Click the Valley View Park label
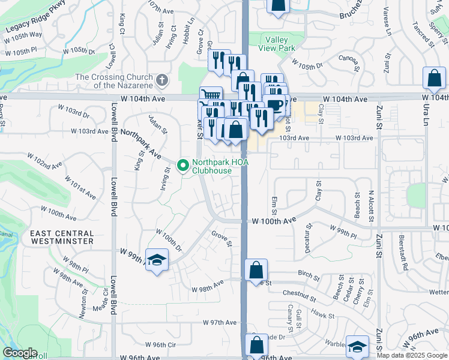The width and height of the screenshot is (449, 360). pos(277,43)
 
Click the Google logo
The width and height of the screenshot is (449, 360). pos(20,353)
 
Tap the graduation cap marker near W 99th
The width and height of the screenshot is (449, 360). pos(157,260)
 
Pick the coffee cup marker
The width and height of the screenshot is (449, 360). pos(274,104)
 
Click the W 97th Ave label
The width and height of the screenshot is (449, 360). pos(219,323)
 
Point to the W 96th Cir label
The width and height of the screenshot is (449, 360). pos(161,345)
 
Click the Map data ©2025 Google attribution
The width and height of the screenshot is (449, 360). pos(412,355)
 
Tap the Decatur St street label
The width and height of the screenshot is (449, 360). pos(308,238)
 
